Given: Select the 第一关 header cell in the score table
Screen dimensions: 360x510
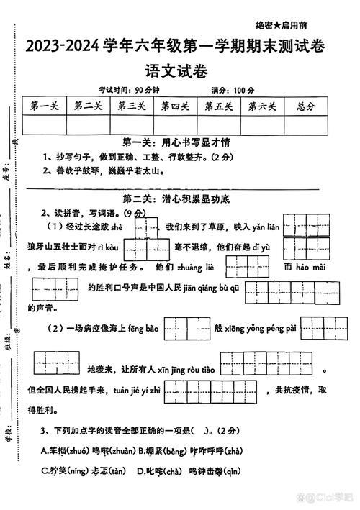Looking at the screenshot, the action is tap(44, 106).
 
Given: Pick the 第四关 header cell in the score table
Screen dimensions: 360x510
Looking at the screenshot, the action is tap(175, 106).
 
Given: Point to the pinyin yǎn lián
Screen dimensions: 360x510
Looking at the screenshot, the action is tap(268, 227).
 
